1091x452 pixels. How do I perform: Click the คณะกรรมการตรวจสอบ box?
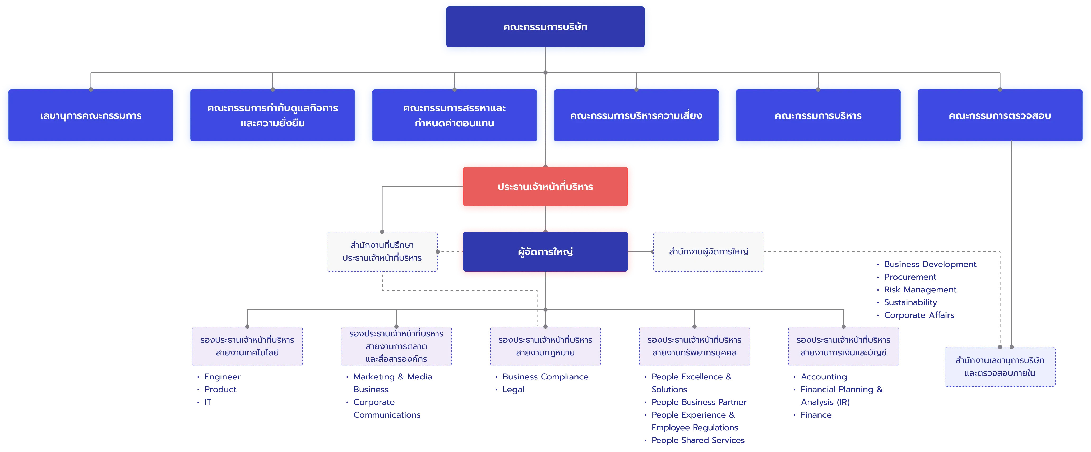click(1000, 115)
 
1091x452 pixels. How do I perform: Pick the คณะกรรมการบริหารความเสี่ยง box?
click(636, 115)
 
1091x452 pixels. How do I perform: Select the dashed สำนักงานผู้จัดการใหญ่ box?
click(709, 251)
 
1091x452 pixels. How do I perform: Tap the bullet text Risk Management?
click(920, 290)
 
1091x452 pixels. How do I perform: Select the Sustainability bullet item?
click(910, 302)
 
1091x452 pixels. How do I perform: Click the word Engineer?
click(222, 377)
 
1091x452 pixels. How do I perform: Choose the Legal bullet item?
click(513, 389)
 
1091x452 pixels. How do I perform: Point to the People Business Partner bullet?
click(699, 402)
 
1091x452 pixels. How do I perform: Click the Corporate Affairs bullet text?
click(919, 315)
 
